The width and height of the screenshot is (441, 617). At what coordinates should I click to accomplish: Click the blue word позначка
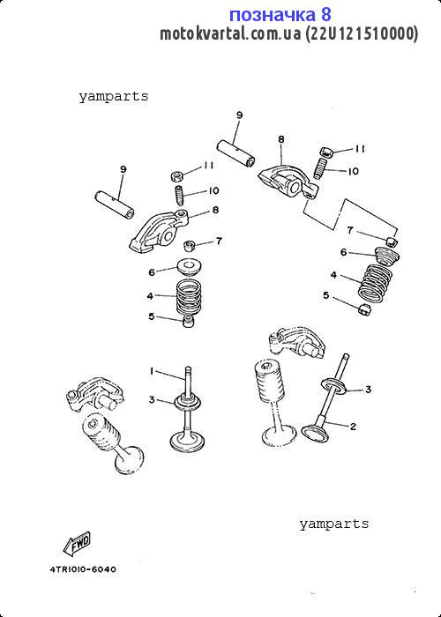click(273, 15)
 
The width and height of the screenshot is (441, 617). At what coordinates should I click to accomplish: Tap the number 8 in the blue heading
click(326, 15)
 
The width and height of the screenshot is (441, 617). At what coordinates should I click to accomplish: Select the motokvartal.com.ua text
click(231, 33)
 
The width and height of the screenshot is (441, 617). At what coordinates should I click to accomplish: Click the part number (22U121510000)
click(362, 33)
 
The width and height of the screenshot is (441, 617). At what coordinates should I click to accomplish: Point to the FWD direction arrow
click(77, 543)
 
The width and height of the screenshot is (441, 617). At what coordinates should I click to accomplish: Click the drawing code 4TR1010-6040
click(83, 569)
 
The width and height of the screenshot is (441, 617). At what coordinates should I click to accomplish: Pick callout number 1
click(151, 371)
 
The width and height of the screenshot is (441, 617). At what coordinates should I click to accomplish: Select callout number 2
click(353, 426)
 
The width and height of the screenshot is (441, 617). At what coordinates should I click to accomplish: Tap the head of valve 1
click(187, 441)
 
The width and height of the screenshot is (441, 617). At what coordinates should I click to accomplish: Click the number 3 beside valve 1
click(152, 400)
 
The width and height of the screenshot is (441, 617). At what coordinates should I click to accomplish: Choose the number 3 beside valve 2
click(368, 390)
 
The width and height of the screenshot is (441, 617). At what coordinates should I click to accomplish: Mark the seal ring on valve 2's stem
click(334, 385)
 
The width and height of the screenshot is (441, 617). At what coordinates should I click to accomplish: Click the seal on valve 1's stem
click(188, 402)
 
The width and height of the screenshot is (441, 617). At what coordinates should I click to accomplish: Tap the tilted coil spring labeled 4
click(375, 284)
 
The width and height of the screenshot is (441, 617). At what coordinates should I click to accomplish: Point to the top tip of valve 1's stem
click(188, 368)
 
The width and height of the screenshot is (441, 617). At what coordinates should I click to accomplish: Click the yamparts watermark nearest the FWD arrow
click(334, 524)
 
